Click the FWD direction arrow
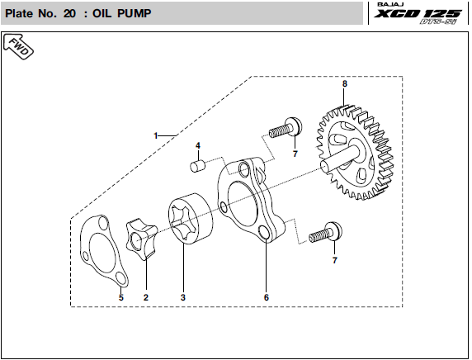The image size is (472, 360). (x=18, y=47)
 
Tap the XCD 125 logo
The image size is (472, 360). (x=418, y=14)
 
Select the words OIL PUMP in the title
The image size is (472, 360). (x=122, y=13)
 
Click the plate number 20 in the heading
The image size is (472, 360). (x=69, y=13)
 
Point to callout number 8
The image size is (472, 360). (x=345, y=83)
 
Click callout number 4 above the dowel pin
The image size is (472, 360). (x=198, y=146)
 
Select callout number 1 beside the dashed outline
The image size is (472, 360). (x=156, y=136)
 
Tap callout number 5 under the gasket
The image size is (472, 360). (x=121, y=297)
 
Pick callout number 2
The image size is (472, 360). (x=146, y=297)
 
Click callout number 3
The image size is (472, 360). (x=183, y=297)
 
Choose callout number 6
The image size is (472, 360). (x=267, y=297)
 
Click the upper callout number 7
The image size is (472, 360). (x=295, y=154)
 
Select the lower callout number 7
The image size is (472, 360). (x=335, y=260)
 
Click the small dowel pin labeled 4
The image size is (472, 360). (x=197, y=166)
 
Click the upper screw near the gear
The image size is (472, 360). (x=286, y=128)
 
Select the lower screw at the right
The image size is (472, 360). (x=325, y=233)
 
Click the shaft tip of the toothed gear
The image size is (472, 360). (x=324, y=166)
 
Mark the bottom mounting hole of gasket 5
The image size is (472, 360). (x=120, y=278)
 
